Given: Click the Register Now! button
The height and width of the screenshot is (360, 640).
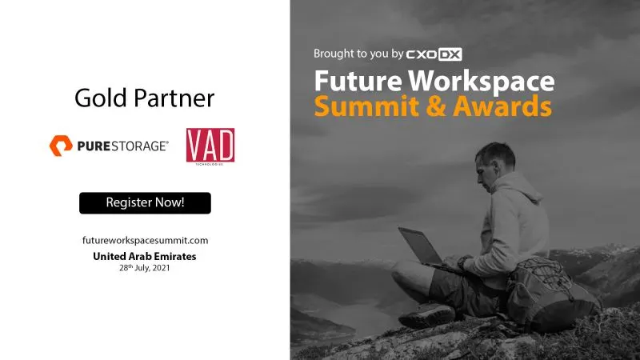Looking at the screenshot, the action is pyautogui.click(x=145, y=203).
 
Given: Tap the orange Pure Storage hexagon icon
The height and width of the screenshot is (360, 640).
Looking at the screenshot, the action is pyautogui.click(x=61, y=146).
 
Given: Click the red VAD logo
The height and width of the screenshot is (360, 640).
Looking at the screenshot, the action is pyautogui.click(x=210, y=146).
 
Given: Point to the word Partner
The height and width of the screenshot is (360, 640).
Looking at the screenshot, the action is pyautogui.click(x=174, y=98).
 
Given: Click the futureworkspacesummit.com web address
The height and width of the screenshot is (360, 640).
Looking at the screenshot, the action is pyautogui.click(x=146, y=241).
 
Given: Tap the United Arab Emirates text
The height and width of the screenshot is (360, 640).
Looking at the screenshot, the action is pyautogui.click(x=145, y=256).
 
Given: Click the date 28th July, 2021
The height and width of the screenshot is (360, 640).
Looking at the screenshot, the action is pyautogui.click(x=145, y=268).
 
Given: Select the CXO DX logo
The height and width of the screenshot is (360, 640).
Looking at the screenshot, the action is pyautogui.click(x=434, y=54).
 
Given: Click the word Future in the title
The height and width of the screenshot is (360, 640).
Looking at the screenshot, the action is pyautogui.click(x=358, y=81).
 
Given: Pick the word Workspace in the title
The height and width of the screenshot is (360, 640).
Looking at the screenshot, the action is pyautogui.click(x=482, y=82).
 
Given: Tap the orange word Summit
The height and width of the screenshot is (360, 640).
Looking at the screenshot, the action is pyautogui.click(x=366, y=106).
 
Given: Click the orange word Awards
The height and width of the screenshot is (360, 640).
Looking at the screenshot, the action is pyautogui.click(x=502, y=106).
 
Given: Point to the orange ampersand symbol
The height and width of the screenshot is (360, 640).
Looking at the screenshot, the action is pyautogui.click(x=435, y=106).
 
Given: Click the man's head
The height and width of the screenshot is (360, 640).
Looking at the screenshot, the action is pyautogui.click(x=494, y=163).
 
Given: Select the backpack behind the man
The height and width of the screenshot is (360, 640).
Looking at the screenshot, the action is pyautogui.click(x=551, y=294).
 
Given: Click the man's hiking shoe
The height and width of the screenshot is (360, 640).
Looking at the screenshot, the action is pyautogui.click(x=426, y=315).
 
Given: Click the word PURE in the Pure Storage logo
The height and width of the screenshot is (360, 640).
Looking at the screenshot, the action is pyautogui.click(x=94, y=146).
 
